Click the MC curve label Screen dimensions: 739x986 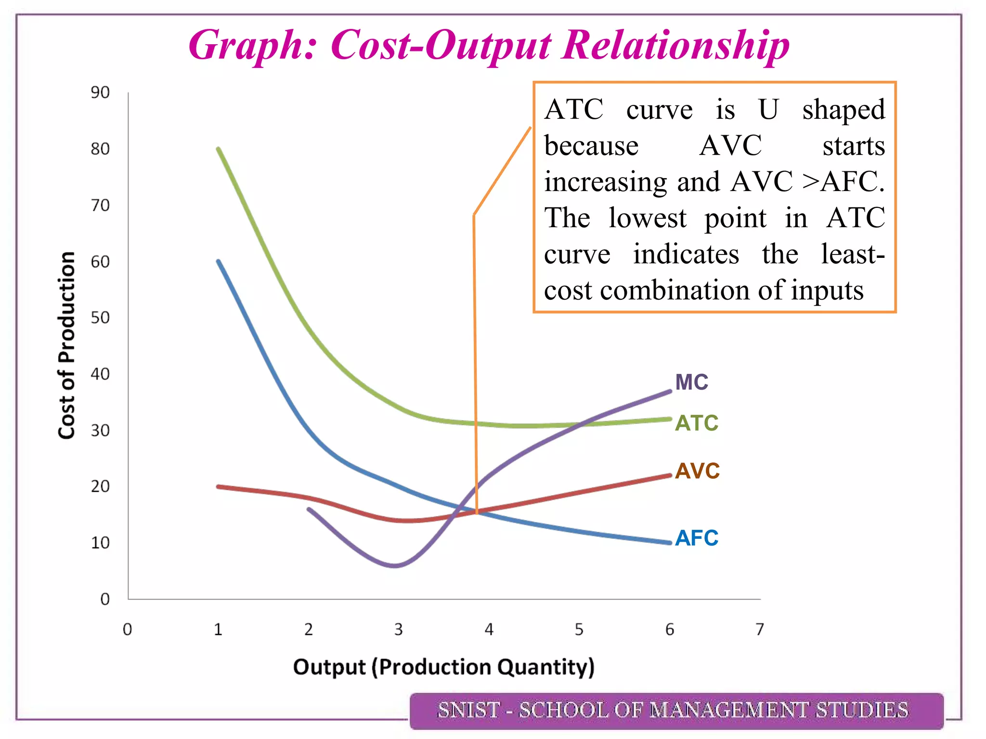pyautogui.click(x=691, y=382)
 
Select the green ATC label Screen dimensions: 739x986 pyautogui.click(x=696, y=423)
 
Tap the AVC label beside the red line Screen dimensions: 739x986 pyautogui.click(x=697, y=471)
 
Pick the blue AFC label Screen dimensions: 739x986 pyautogui.click(x=696, y=538)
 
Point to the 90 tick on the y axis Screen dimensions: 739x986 pyautogui.click(x=100, y=92)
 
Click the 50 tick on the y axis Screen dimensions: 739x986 pyautogui.click(x=100, y=318)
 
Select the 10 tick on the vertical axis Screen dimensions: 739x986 pyautogui.click(x=100, y=543)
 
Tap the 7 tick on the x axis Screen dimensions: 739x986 pyautogui.click(x=760, y=629)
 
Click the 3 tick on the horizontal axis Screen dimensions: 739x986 pyautogui.click(x=398, y=629)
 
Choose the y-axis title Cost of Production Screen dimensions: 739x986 pyautogui.click(x=66, y=345)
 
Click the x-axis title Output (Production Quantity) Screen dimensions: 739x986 pyautogui.click(x=443, y=667)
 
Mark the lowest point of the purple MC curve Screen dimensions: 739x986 pyautogui.click(x=394, y=565)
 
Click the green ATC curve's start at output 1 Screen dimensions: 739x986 pyautogui.click(x=219, y=149)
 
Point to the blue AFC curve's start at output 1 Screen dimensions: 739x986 pyautogui.click(x=219, y=261)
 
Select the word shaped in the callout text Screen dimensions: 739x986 pyautogui.click(x=843, y=110)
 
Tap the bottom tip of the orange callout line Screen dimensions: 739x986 pyautogui.click(x=477, y=513)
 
